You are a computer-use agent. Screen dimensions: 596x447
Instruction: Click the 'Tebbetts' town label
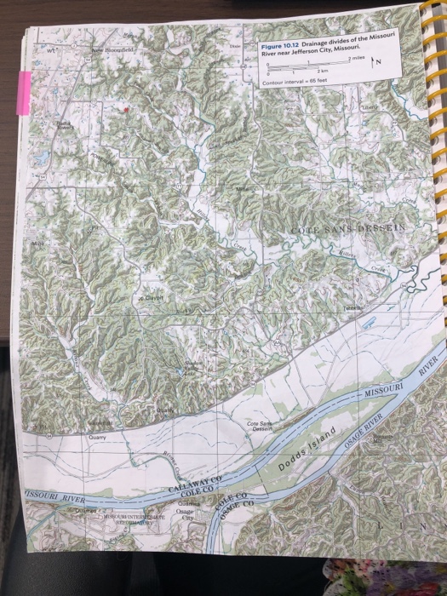coord(355,307)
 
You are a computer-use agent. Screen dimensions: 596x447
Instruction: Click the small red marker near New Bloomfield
coord(125,110)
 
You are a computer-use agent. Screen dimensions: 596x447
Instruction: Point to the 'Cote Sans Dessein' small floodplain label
coord(258,426)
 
